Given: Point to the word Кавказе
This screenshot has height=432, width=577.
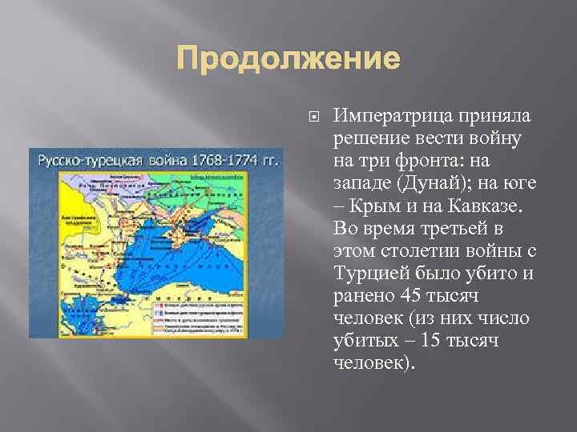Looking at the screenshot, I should tap(487, 207).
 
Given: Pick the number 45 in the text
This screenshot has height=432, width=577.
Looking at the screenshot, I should tap(408, 297).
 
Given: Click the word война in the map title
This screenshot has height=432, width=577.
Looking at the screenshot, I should tap(167, 158).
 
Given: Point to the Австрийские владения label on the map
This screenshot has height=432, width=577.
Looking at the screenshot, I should tap(56, 207).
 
